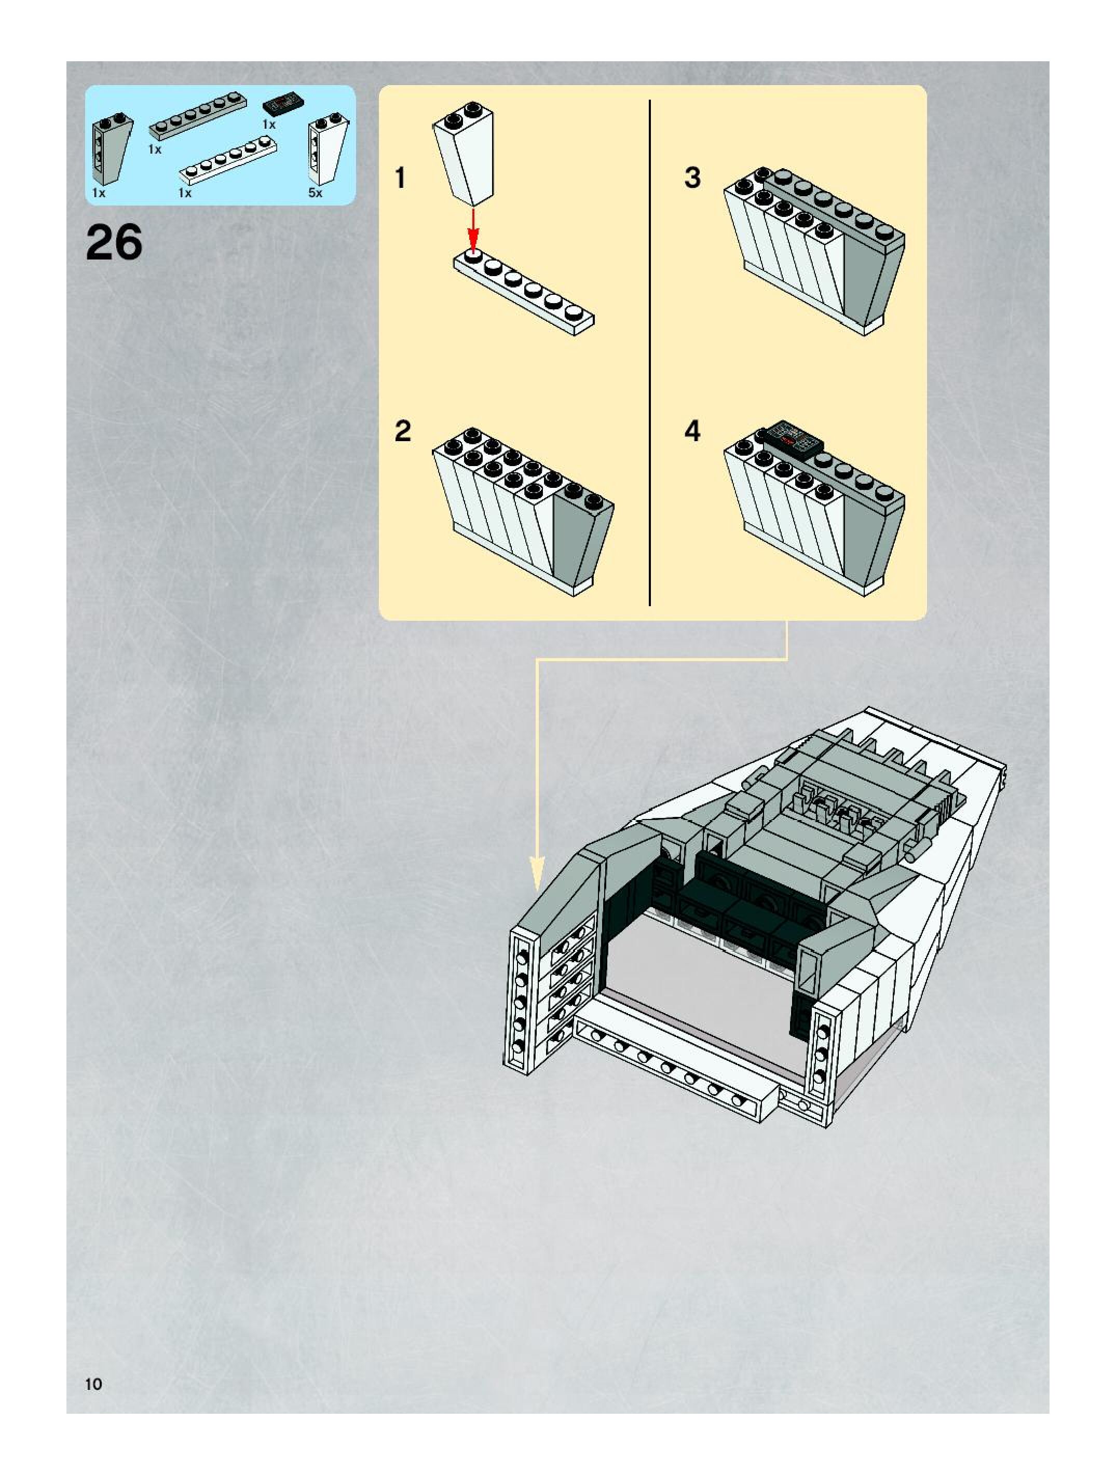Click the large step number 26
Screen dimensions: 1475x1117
coord(114,243)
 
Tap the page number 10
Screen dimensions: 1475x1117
coord(93,1384)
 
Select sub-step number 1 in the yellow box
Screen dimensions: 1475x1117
coord(400,178)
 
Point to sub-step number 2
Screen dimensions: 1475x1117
coord(403,431)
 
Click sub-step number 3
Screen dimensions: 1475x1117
coord(693,178)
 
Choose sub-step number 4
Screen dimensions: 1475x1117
coord(693,431)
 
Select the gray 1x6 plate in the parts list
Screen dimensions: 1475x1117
coord(197,116)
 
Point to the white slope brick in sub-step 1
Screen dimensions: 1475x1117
coord(465,157)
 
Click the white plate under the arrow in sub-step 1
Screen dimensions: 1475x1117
coord(524,293)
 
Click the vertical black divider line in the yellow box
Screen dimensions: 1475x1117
coord(649,353)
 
